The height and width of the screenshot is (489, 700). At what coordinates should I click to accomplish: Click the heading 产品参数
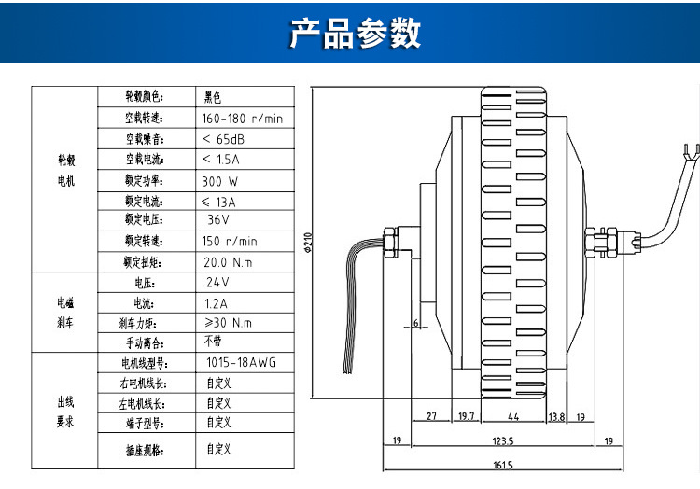point(355,33)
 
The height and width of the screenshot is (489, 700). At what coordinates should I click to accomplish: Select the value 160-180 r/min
point(242,119)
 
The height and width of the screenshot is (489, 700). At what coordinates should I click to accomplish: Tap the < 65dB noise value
point(224,139)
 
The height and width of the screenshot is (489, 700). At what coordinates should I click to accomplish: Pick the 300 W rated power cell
point(219,181)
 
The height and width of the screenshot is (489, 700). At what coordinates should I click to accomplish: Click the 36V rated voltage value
point(219,220)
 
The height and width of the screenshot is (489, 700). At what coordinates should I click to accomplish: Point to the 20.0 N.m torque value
point(228,262)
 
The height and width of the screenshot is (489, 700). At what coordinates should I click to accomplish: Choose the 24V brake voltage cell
point(217,282)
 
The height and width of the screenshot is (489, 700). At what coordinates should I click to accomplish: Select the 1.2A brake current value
point(217,302)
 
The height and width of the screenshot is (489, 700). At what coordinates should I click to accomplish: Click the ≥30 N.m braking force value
point(228,323)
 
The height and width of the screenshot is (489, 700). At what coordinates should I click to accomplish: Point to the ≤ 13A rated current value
point(219,202)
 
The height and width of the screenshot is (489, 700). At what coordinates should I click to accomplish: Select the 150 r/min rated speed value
point(229,241)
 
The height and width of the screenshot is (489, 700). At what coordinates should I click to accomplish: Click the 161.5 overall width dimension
point(503,464)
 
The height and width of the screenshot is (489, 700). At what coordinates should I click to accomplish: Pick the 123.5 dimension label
point(503,440)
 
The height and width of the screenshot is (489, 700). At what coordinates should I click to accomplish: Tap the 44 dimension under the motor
point(512,416)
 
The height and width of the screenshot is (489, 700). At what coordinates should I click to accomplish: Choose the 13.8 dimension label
point(556,416)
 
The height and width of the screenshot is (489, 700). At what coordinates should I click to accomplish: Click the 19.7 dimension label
point(467,416)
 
